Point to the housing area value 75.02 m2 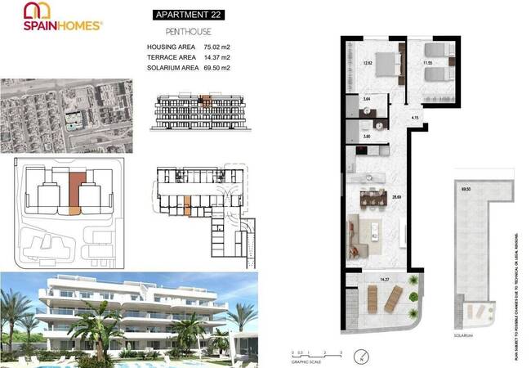[x=216, y=47]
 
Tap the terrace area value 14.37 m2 [x=216, y=57]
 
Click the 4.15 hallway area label [x=415, y=119]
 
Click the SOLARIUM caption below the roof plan [x=466, y=334]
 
